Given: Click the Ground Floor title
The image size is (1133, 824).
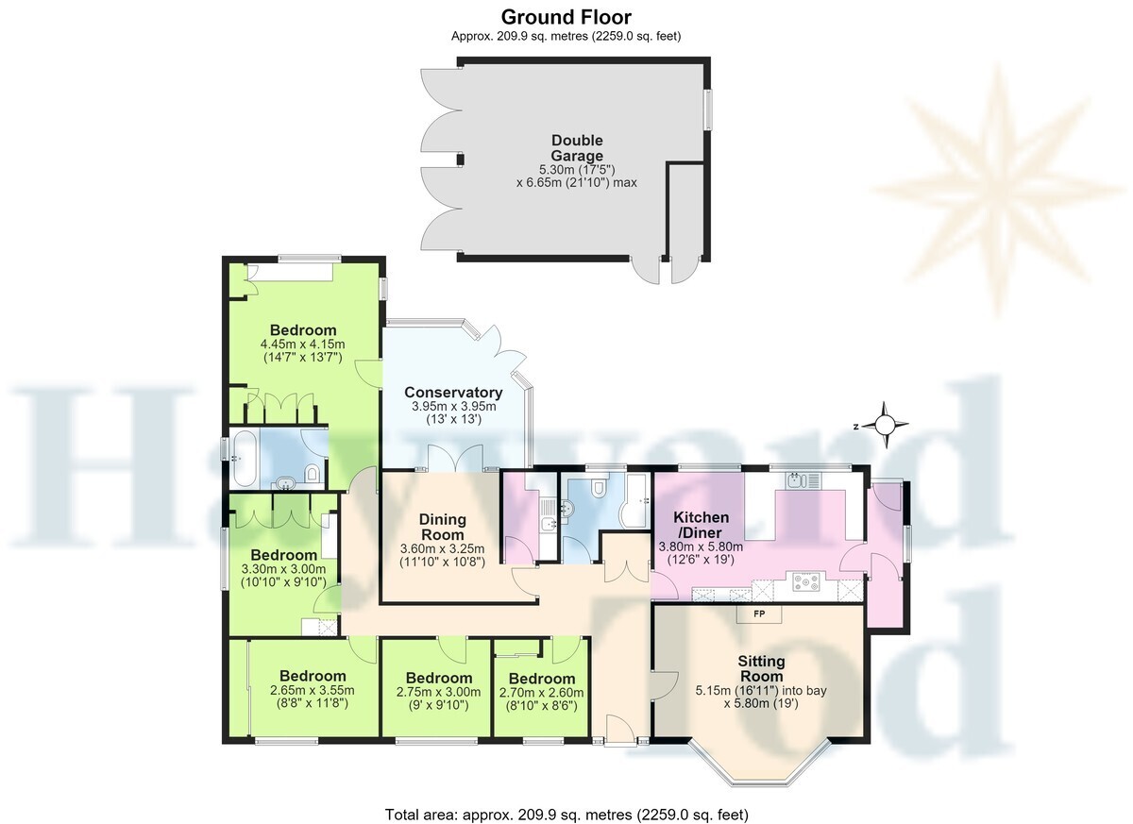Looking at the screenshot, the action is click(566, 17).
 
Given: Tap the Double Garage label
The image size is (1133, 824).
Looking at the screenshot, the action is click(577, 147).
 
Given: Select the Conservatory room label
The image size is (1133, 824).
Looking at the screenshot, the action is click(453, 393).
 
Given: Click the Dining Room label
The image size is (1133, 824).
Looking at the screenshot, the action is click(443, 527).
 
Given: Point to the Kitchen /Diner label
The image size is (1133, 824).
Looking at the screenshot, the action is click(701, 525).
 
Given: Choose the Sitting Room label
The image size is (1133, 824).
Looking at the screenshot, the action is click(761, 668).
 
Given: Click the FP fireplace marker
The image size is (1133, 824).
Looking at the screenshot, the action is click(759, 614).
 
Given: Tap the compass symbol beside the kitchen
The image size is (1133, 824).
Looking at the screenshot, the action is click(885, 425).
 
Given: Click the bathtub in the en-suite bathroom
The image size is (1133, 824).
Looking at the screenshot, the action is click(244, 458).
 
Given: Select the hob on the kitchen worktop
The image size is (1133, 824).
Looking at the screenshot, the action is click(805, 581).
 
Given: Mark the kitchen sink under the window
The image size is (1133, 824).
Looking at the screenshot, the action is click(803, 480).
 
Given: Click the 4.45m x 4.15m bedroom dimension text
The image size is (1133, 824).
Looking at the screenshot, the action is click(302, 345).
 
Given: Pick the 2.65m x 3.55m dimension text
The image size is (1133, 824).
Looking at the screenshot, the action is click(313, 690).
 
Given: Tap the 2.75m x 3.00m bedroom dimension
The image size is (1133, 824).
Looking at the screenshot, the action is click(438, 692).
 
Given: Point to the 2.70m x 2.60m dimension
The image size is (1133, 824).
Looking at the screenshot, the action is click(541, 693).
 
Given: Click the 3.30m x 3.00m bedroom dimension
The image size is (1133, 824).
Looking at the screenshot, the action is click(283, 569).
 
